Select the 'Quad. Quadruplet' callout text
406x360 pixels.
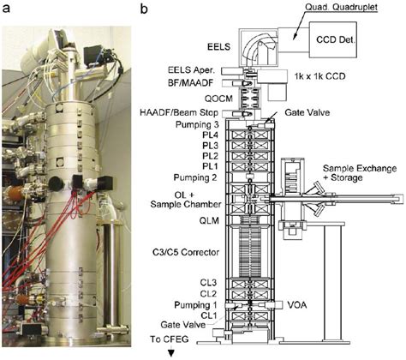[342, 7]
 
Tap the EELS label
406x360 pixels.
[218, 47]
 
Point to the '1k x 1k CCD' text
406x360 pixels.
[319, 76]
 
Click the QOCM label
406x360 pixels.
[218, 99]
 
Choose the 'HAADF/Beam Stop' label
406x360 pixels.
[179, 112]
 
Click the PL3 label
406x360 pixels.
[210, 146]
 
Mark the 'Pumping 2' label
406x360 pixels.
[195, 177]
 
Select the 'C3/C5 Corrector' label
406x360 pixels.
[186, 252]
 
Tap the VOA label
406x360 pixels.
[297, 305]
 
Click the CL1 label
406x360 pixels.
[209, 315]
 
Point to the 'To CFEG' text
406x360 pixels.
[170, 339]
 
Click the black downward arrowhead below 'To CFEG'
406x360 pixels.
[171, 353]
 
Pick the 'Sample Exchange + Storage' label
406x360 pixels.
[360, 173]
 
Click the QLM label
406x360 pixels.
[209, 221]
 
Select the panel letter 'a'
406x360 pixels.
[6, 9]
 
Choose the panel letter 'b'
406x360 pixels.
[144, 9]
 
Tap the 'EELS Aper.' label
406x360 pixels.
[191, 70]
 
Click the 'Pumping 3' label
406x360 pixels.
[197, 125]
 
